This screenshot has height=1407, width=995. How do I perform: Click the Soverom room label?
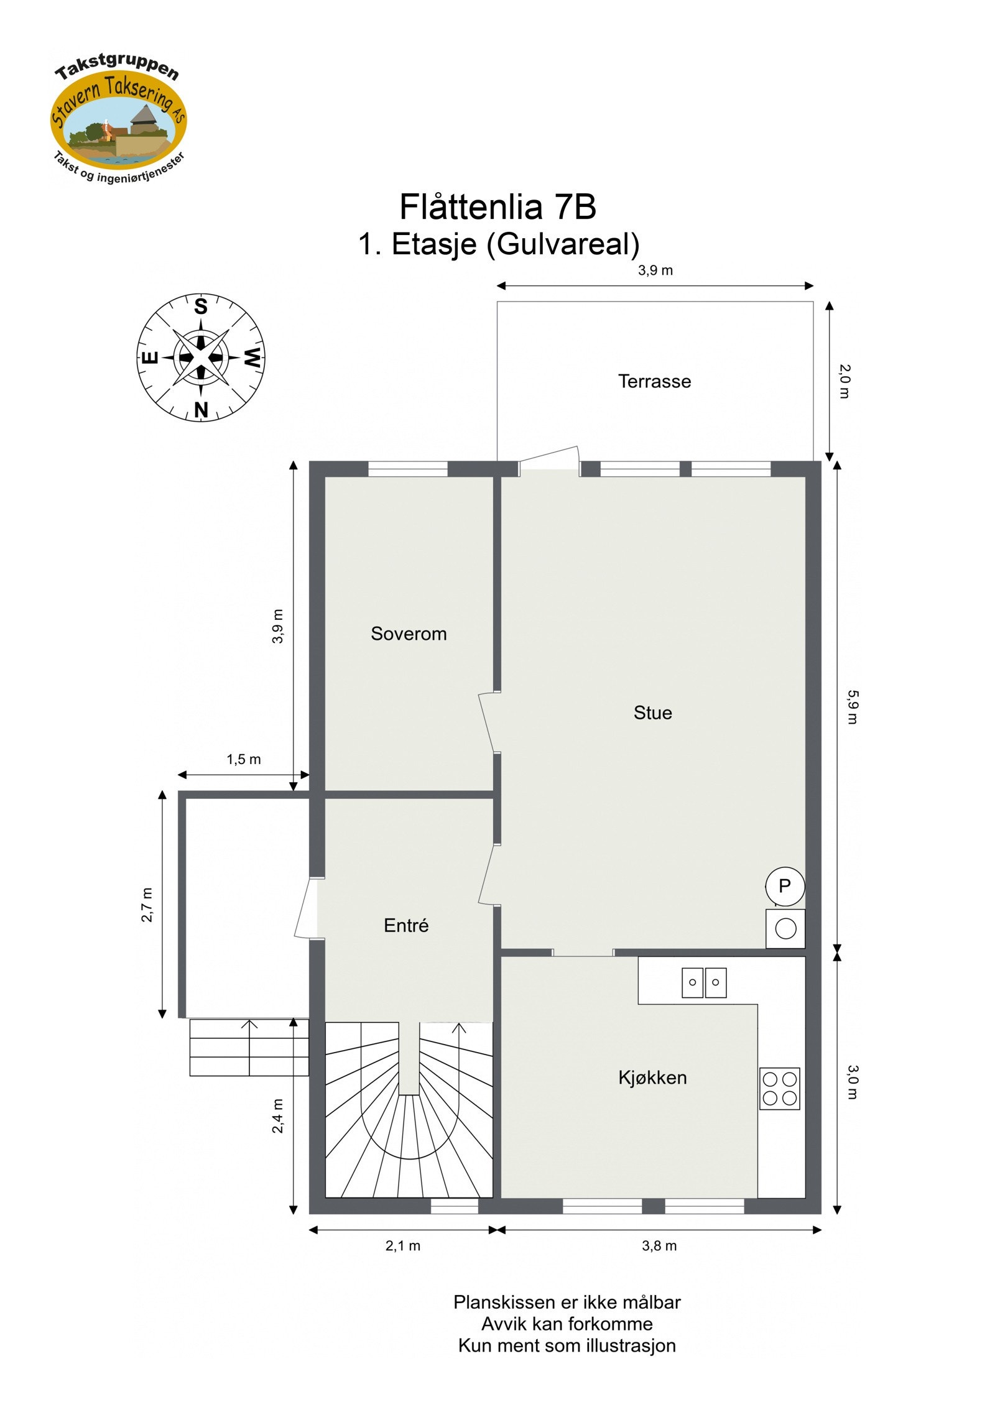(409, 634)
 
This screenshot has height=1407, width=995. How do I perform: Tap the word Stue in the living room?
(652, 713)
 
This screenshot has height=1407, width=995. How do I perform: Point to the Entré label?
(406, 926)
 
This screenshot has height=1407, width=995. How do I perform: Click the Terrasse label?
(654, 381)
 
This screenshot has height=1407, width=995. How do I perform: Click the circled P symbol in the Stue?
(785, 886)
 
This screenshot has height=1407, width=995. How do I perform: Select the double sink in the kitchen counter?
(704, 983)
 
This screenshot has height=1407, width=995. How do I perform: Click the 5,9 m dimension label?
(852, 707)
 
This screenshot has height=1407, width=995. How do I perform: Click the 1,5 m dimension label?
(244, 759)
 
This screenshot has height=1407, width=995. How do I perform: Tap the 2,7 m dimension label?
(147, 905)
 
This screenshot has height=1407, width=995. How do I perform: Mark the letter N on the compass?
(201, 410)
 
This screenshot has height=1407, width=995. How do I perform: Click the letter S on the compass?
(201, 307)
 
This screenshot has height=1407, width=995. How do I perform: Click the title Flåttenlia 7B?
(497, 207)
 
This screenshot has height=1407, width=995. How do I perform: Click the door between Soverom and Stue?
(489, 722)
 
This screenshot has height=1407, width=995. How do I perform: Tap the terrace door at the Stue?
(549, 463)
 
